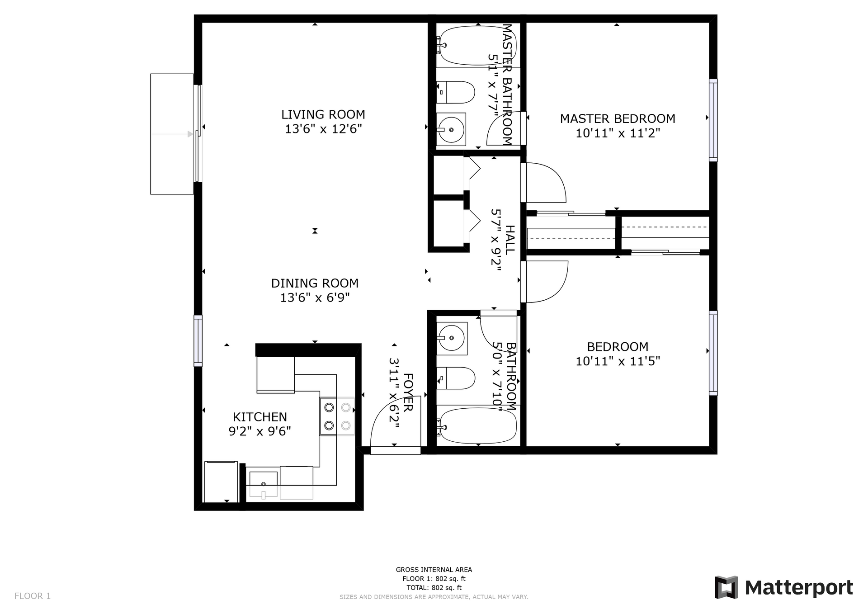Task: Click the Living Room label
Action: tap(323, 114)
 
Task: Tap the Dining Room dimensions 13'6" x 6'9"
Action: tap(315, 298)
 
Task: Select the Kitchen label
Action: tap(260, 417)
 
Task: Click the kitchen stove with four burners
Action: tap(337, 416)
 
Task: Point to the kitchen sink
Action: tap(263, 484)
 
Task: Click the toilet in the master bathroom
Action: tap(455, 93)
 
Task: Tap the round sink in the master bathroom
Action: tap(451, 129)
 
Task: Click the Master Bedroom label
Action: tap(618, 118)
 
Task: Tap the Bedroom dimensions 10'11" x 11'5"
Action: tap(618, 361)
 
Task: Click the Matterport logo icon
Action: tap(726, 587)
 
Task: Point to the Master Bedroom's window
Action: tap(713, 120)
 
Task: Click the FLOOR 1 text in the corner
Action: tap(33, 596)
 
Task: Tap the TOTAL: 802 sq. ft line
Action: tap(434, 588)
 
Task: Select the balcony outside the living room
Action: tap(172, 134)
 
